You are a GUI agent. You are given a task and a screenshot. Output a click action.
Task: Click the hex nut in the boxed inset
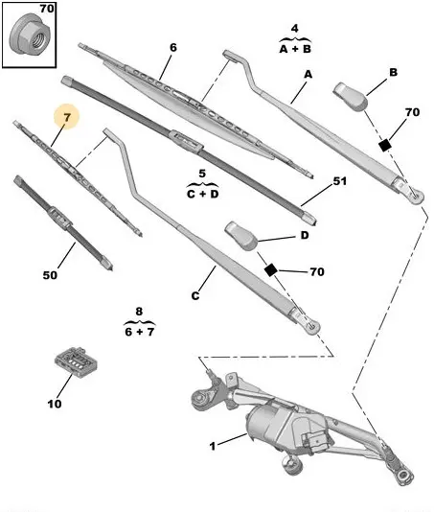click(29, 36)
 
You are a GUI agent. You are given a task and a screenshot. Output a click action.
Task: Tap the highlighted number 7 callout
click(67, 117)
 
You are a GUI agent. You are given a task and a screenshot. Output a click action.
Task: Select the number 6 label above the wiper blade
click(173, 48)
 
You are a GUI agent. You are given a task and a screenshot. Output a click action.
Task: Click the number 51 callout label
click(339, 181)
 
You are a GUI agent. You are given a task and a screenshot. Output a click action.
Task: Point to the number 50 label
click(50, 275)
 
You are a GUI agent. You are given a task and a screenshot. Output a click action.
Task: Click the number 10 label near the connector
click(55, 404)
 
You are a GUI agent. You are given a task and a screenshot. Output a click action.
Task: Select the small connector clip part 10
click(77, 361)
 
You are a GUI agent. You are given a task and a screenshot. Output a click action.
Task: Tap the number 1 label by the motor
click(213, 446)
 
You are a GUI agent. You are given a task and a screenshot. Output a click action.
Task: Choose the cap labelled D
click(241, 235)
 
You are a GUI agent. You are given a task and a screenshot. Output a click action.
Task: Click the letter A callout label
click(308, 75)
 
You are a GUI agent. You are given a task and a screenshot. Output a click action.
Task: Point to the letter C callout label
click(194, 296)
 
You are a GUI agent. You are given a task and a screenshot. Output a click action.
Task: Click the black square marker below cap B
click(385, 145)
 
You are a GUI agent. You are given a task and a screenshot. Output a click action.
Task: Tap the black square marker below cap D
click(270, 270)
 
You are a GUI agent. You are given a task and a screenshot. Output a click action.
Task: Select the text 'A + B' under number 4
click(295, 49)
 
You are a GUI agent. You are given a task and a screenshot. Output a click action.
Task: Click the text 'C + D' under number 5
click(203, 194)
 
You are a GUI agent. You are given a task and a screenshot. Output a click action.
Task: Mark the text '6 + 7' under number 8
click(139, 332)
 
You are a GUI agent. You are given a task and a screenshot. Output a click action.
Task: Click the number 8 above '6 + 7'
click(139, 311)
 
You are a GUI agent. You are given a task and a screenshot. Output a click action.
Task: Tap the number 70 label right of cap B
click(413, 112)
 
